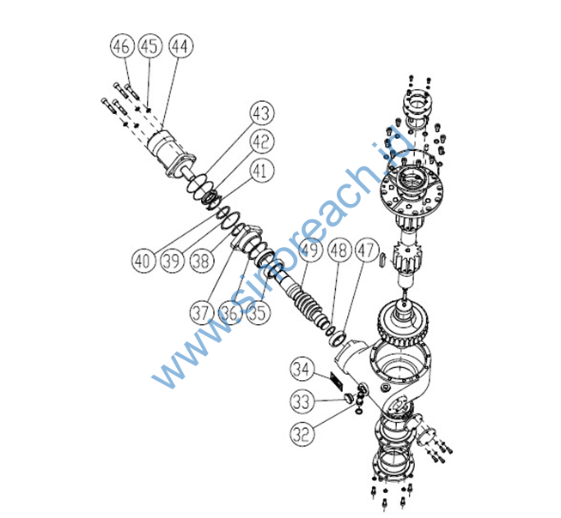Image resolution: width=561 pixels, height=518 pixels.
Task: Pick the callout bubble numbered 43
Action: pos(262,113)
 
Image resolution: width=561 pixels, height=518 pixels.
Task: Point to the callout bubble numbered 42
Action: pos(262,142)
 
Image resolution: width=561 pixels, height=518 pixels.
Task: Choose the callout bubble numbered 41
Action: pos(262,172)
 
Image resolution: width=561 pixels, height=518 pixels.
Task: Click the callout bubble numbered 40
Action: pos(144,256)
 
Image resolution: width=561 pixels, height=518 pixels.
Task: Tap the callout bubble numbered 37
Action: pos(204,311)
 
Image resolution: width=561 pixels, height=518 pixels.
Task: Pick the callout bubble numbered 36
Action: pos(230,311)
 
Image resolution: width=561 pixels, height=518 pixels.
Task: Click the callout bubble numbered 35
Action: pos(257,311)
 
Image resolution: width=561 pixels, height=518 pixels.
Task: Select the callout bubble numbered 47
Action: pos(368,251)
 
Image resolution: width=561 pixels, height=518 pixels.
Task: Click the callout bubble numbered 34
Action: pos(300,370)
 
